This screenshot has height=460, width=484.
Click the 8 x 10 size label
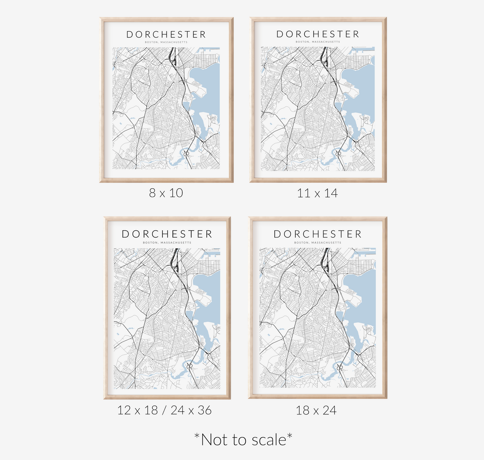[166, 193]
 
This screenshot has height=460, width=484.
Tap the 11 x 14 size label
[317, 193]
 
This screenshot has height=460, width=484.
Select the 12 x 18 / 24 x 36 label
[164, 410]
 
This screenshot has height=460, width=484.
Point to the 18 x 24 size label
[316, 410]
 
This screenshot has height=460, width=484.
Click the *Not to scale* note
[243, 440]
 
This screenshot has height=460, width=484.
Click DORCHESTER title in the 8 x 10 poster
[166, 35]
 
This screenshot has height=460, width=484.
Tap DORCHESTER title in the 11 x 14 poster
[318, 34]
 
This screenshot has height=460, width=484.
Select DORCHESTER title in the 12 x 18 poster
[167, 234]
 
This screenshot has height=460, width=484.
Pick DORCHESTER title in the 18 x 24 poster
[318, 234]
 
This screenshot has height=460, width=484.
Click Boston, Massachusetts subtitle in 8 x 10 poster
[166, 42]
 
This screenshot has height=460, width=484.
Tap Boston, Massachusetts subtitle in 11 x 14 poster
[318, 42]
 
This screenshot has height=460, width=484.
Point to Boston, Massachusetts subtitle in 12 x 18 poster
[167, 243]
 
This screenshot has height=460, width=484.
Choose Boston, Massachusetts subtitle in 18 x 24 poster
[318, 243]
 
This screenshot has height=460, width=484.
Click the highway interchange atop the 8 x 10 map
[174, 60]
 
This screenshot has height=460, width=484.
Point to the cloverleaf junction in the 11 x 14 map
[339, 153]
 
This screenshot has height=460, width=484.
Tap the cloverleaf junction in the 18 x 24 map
[340, 368]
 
